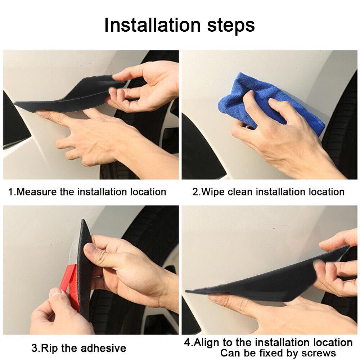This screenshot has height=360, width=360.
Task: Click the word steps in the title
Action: pos(231,26)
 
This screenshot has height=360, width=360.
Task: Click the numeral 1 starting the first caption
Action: pos(10,192)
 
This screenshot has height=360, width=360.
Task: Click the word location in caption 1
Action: pos(148,192)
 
